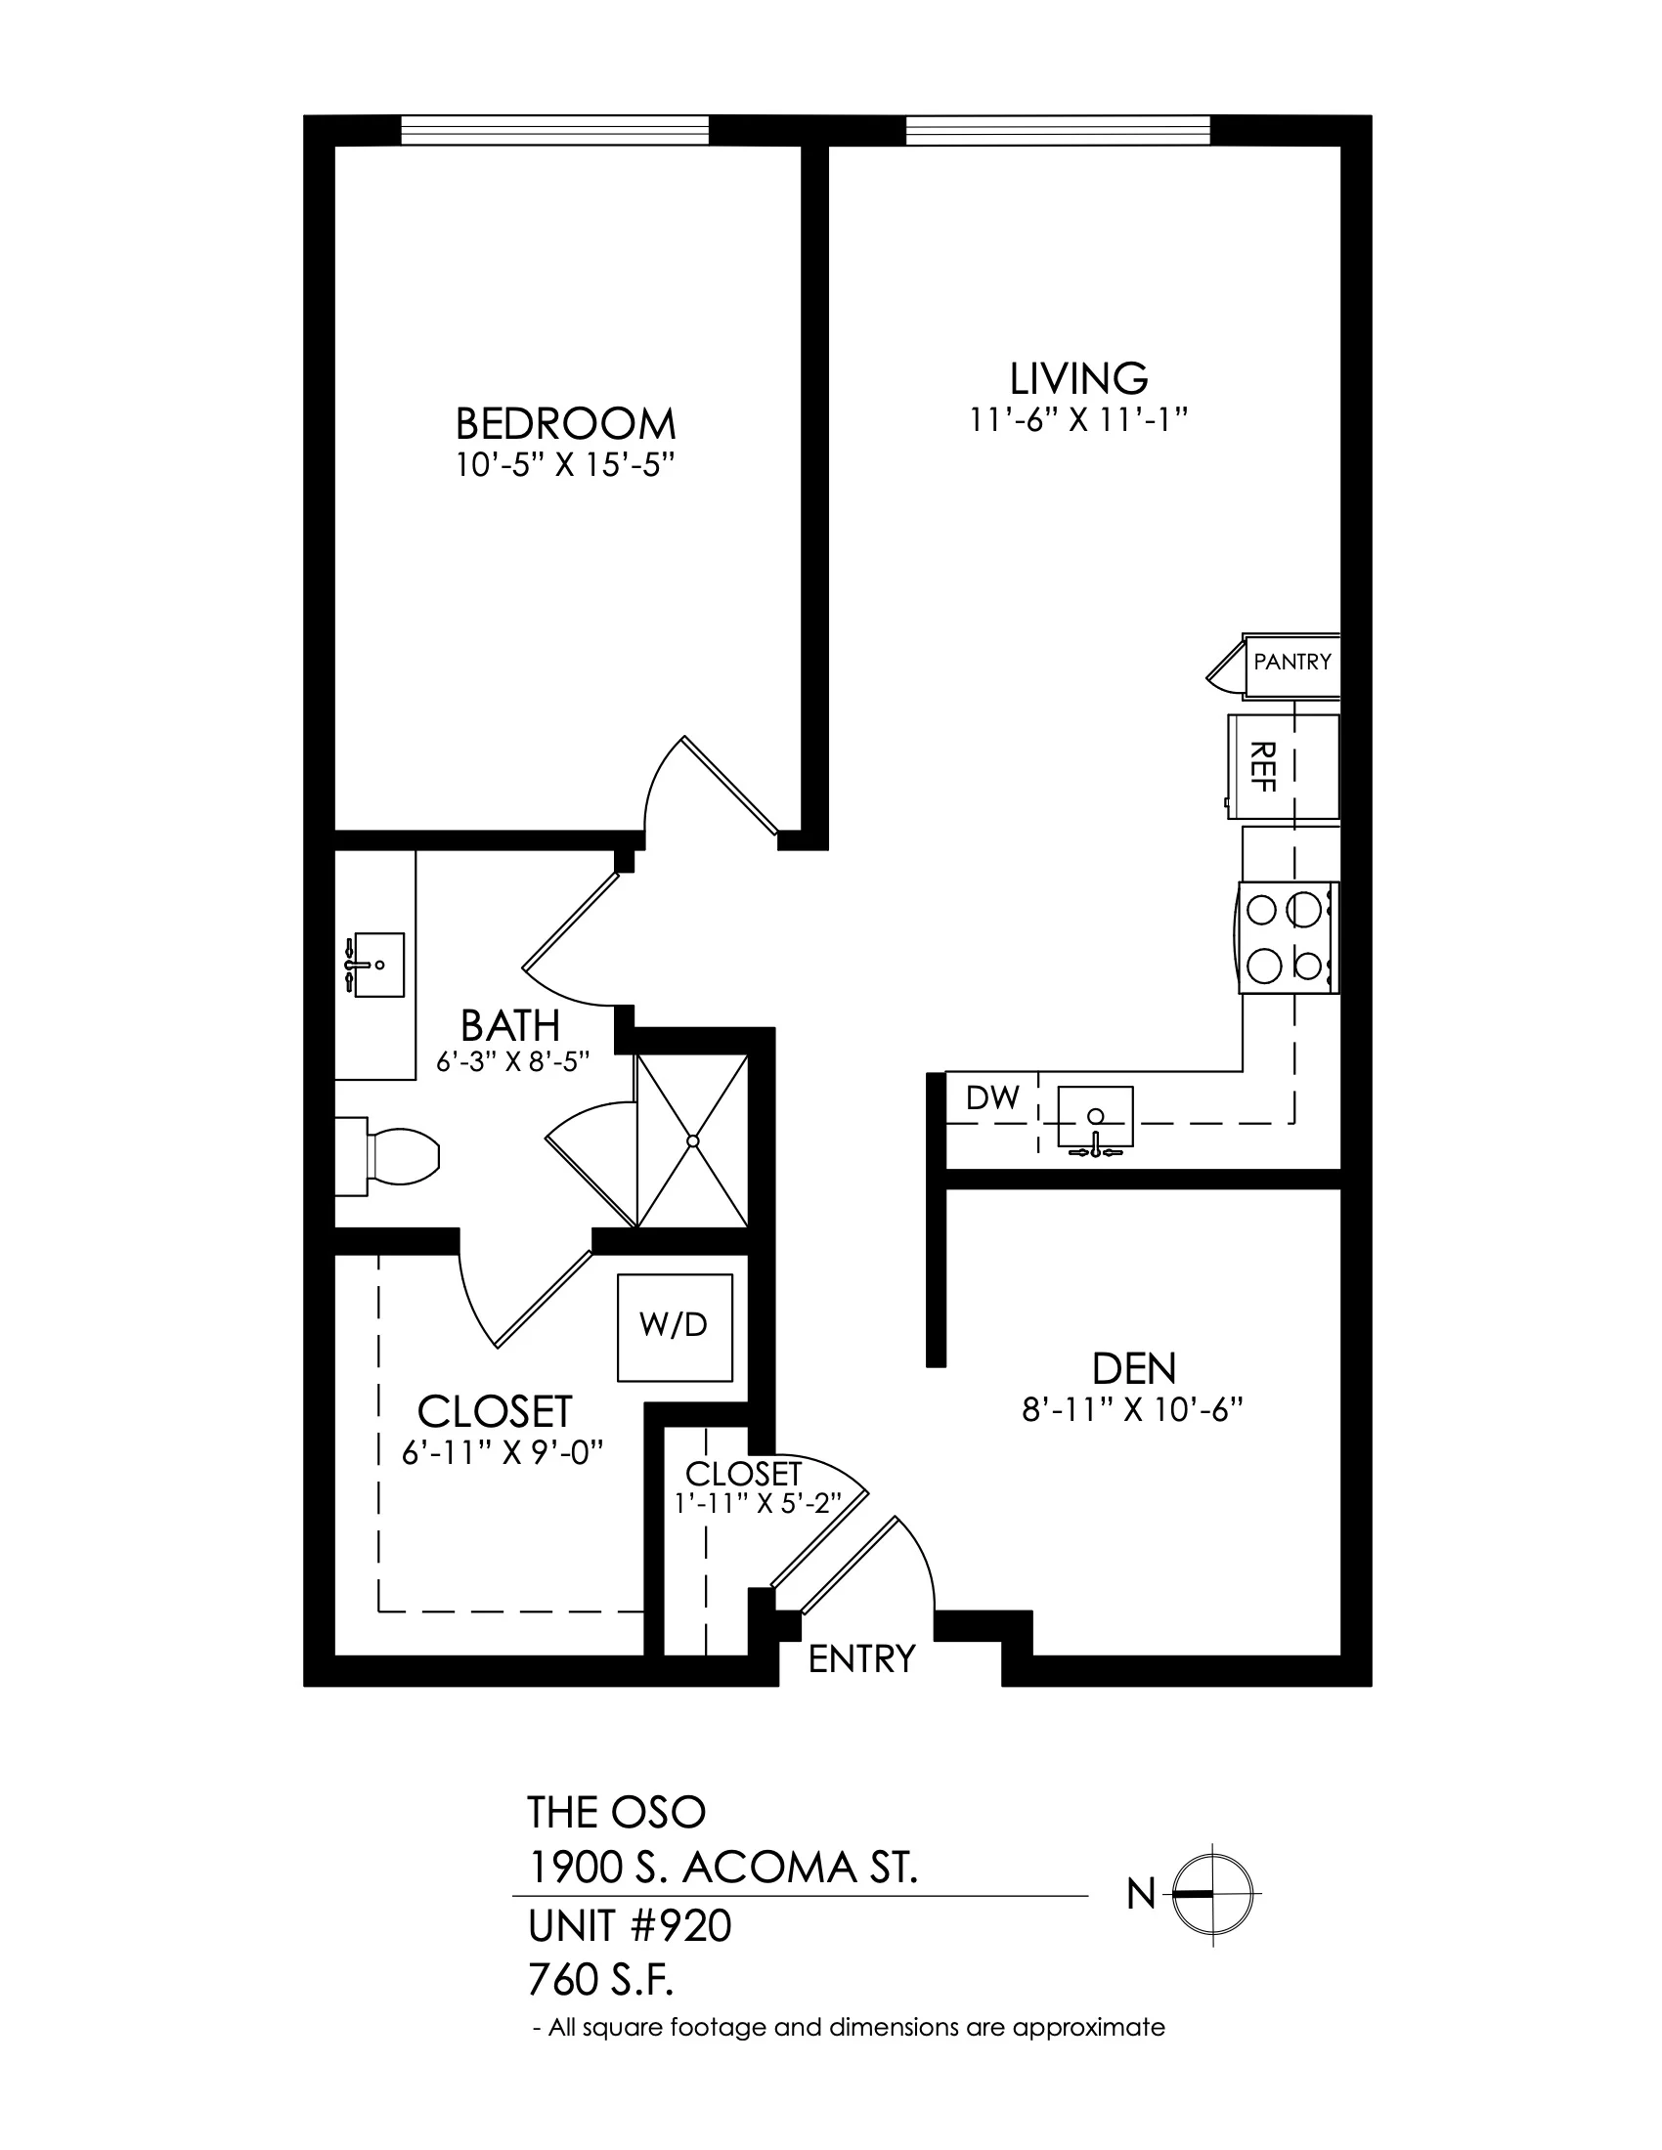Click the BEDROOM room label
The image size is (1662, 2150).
click(x=565, y=424)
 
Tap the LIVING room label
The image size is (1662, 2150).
click(x=1079, y=378)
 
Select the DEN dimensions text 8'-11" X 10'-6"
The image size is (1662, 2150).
click(x=1133, y=1410)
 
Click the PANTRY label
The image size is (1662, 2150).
click(x=1291, y=662)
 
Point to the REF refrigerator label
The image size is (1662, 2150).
click(x=1261, y=767)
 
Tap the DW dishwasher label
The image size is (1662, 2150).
click(x=992, y=1097)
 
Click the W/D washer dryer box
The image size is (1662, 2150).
click(x=675, y=1328)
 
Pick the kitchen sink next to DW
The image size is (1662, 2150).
click(x=1095, y=1119)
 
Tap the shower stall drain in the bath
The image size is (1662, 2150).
click(x=693, y=1141)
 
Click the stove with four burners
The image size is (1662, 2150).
click(x=1288, y=937)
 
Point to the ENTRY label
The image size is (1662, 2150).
click(x=861, y=1658)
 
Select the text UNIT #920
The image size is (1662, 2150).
click(x=631, y=1926)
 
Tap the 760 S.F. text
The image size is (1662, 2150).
click(x=600, y=1981)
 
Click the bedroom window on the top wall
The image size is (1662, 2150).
click(x=555, y=130)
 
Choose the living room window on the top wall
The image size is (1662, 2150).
click(x=1058, y=130)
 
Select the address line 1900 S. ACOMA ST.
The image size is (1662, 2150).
click(x=723, y=1868)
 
